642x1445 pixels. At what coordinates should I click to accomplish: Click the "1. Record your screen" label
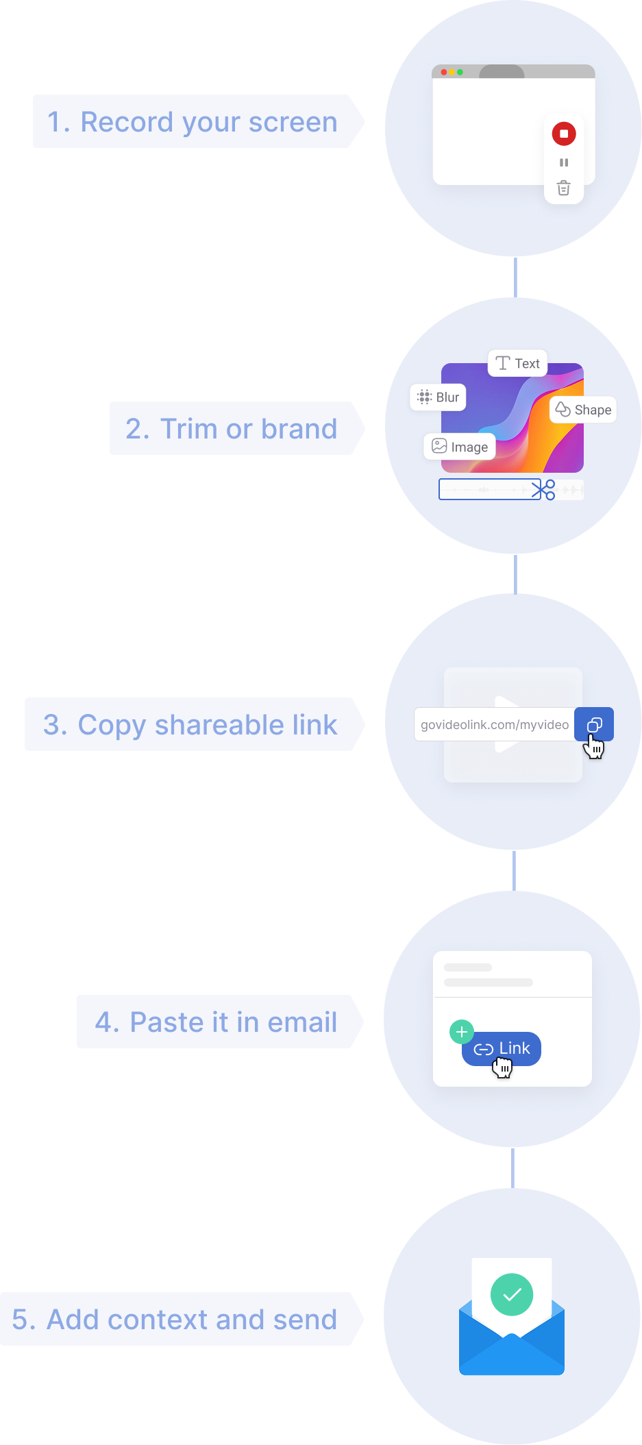(x=193, y=122)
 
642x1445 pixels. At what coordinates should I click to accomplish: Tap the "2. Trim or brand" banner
(x=232, y=429)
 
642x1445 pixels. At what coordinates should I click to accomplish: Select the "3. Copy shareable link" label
(x=190, y=725)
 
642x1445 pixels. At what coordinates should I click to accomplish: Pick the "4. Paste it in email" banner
(x=215, y=1022)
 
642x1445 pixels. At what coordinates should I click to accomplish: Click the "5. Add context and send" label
(x=175, y=1320)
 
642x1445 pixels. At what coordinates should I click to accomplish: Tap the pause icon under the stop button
(x=564, y=162)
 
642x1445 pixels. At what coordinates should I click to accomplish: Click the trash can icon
(x=563, y=188)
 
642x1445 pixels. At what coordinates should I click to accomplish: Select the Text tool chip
(x=518, y=363)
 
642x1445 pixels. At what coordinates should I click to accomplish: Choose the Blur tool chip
(x=439, y=397)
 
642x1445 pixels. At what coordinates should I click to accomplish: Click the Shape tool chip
(x=584, y=410)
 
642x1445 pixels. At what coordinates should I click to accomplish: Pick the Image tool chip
(x=460, y=447)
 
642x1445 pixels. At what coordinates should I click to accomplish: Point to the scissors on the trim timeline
(x=543, y=490)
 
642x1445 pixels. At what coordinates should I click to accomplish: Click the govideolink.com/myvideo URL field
(x=494, y=725)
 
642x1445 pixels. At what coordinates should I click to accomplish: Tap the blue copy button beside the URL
(x=594, y=724)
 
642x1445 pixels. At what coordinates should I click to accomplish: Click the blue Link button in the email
(x=502, y=1049)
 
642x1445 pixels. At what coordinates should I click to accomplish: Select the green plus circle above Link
(x=461, y=1032)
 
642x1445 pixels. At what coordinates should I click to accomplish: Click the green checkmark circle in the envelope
(x=512, y=1294)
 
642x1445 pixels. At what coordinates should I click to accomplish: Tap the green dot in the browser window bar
(x=460, y=72)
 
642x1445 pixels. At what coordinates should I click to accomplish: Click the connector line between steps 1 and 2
(x=515, y=277)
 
